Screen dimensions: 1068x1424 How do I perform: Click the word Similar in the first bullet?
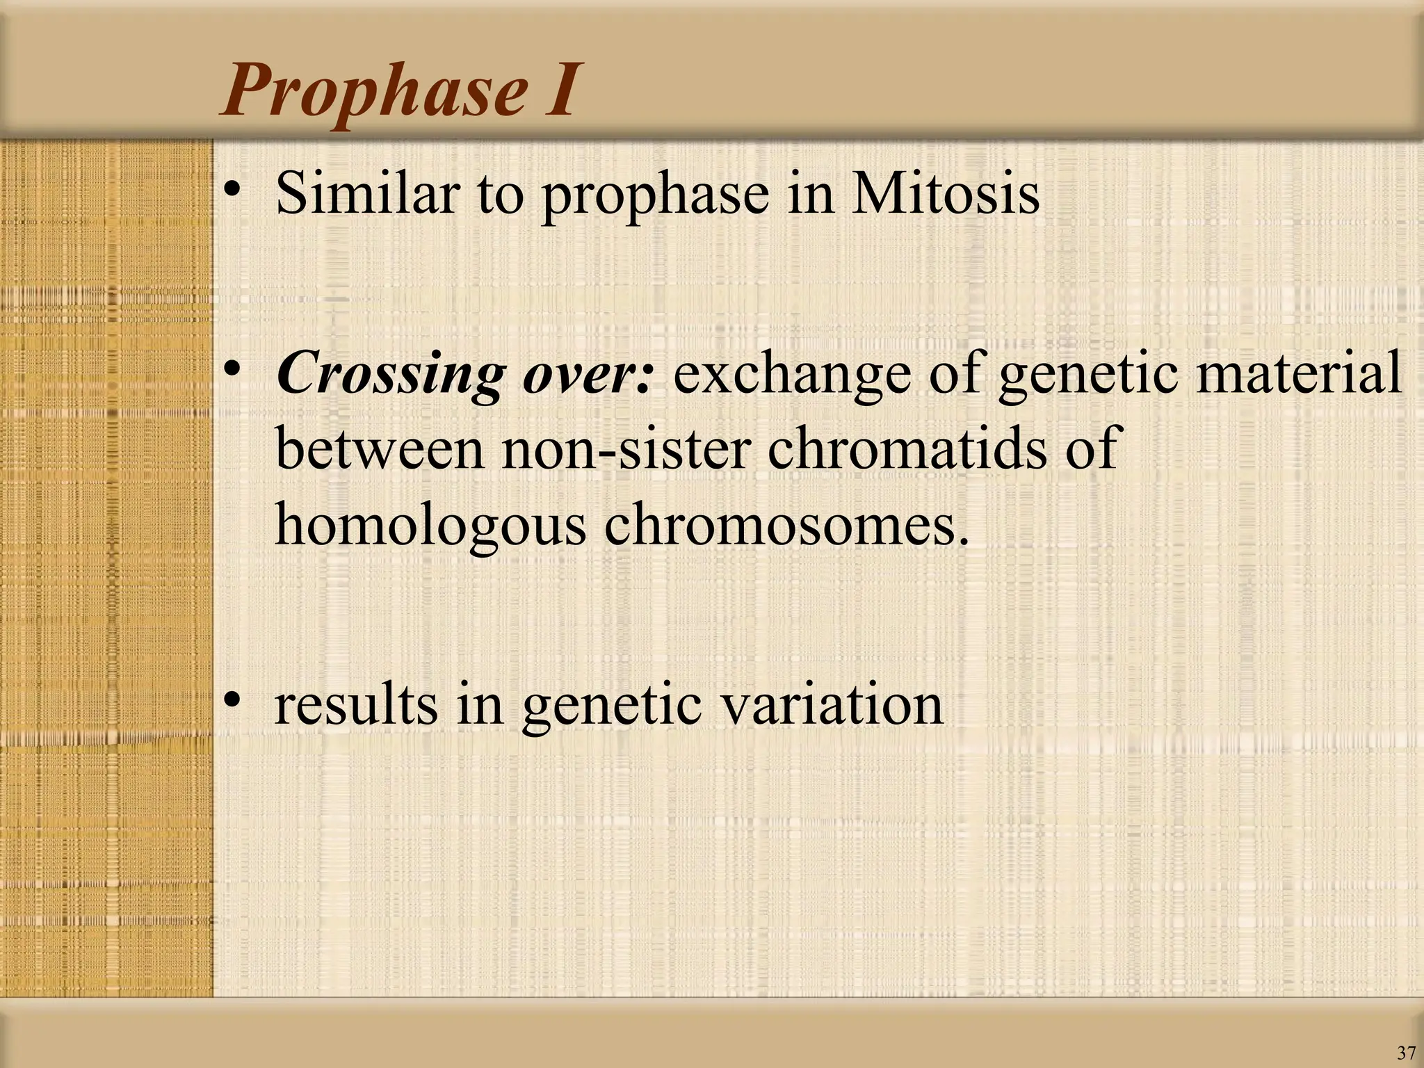click(x=369, y=193)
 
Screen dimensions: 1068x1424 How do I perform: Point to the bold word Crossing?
click(x=389, y=375)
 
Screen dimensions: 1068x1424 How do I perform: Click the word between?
click(x=379, y=448)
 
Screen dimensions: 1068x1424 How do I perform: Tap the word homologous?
click(x=431, y=525)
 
